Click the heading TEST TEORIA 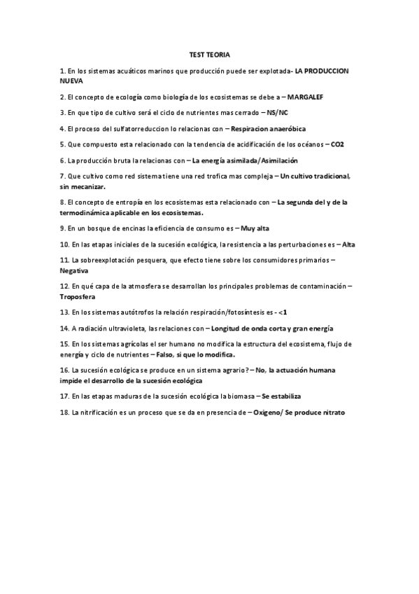tap(209, 54)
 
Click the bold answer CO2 tap(337, 144)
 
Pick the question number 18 tap(64, 413)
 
